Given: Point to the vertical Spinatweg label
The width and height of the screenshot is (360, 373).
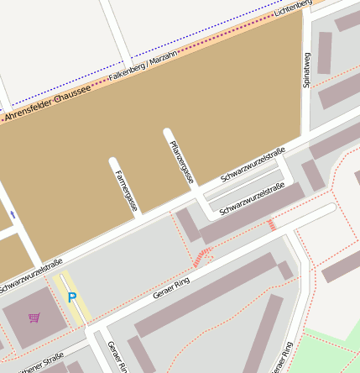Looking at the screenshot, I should coord(307,70).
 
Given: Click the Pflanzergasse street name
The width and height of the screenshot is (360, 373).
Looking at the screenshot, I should coord(182,163).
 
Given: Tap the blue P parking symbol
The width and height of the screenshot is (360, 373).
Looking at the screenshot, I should coord(72,297).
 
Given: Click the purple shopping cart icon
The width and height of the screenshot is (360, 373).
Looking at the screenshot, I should coord(34,318).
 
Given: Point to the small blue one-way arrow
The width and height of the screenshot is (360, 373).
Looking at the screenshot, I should coord(13,215).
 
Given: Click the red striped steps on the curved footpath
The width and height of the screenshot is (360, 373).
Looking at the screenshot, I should coord(201,257).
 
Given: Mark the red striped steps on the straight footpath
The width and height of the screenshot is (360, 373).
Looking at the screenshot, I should coord(271,224).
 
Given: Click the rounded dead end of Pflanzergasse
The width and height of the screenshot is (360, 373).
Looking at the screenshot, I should coord(168,133).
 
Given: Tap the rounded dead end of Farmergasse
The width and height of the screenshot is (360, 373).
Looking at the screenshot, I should coord(113,161).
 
